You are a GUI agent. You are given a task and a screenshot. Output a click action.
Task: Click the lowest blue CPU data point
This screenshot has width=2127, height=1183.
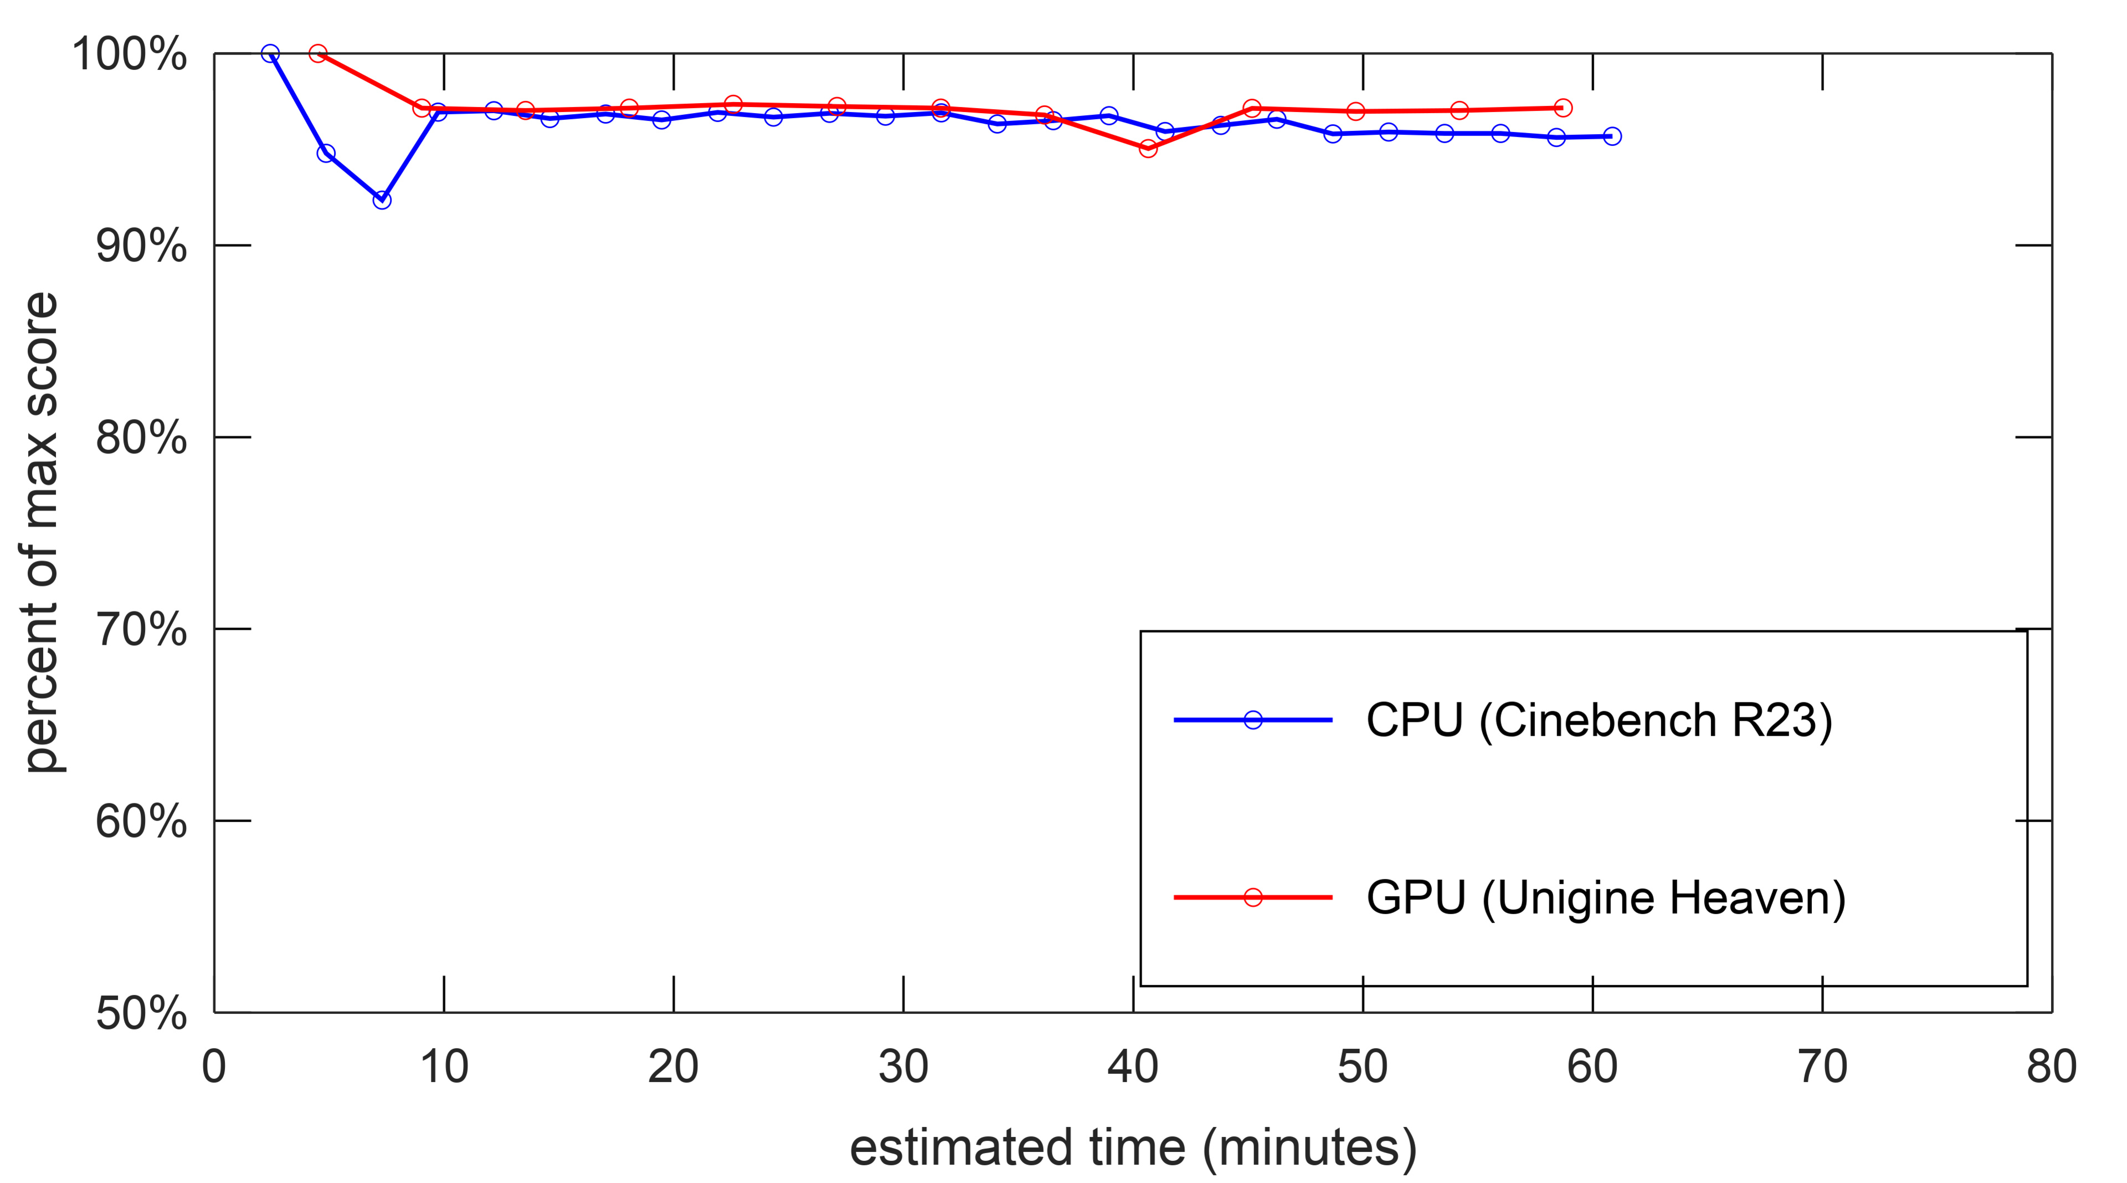[382, 200]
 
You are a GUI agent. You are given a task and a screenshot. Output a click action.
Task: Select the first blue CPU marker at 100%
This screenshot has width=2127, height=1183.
[270, 54]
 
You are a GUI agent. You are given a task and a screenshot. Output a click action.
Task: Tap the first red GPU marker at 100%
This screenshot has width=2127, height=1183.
[318, 54]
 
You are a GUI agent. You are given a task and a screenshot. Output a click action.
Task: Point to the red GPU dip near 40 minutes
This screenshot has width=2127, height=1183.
[1148, 148]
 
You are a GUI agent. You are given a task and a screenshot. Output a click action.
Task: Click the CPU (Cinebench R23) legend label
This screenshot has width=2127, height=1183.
[1599, 720]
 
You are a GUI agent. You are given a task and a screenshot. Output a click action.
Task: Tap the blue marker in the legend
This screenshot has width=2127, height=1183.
[1252, 720]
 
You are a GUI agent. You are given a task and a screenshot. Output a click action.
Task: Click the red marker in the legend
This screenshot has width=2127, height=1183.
[1252, 897]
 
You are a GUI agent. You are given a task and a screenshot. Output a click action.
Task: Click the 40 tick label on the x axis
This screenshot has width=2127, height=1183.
[1132, 1067]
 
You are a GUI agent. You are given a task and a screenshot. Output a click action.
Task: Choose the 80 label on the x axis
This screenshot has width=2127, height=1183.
[2051, 1067]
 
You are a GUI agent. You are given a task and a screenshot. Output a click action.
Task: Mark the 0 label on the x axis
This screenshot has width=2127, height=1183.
[214, 1067]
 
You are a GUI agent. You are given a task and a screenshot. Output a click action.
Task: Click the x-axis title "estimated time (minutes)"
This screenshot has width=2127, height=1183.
[1133, 1148]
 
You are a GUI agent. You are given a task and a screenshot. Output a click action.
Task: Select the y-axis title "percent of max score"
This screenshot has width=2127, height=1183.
[42, 533]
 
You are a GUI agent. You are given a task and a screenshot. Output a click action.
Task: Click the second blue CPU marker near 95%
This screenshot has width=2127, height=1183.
[326, 154]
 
